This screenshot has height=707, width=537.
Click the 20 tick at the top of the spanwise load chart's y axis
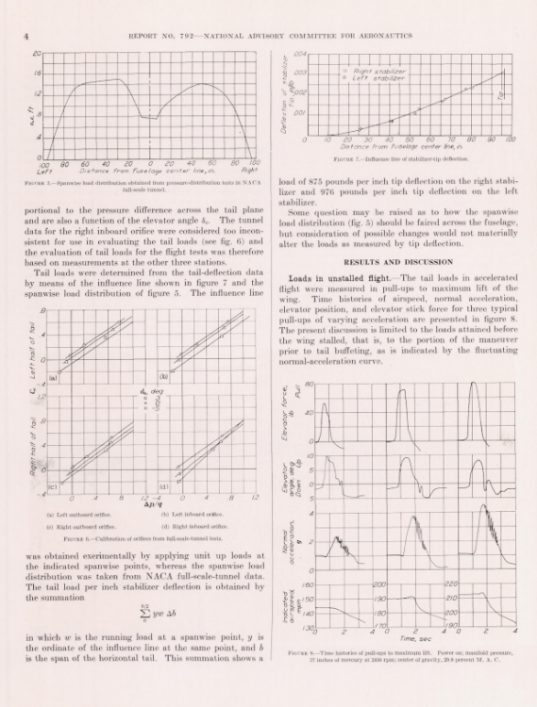point(37,54)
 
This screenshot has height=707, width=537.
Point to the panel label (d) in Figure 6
point(165,486)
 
